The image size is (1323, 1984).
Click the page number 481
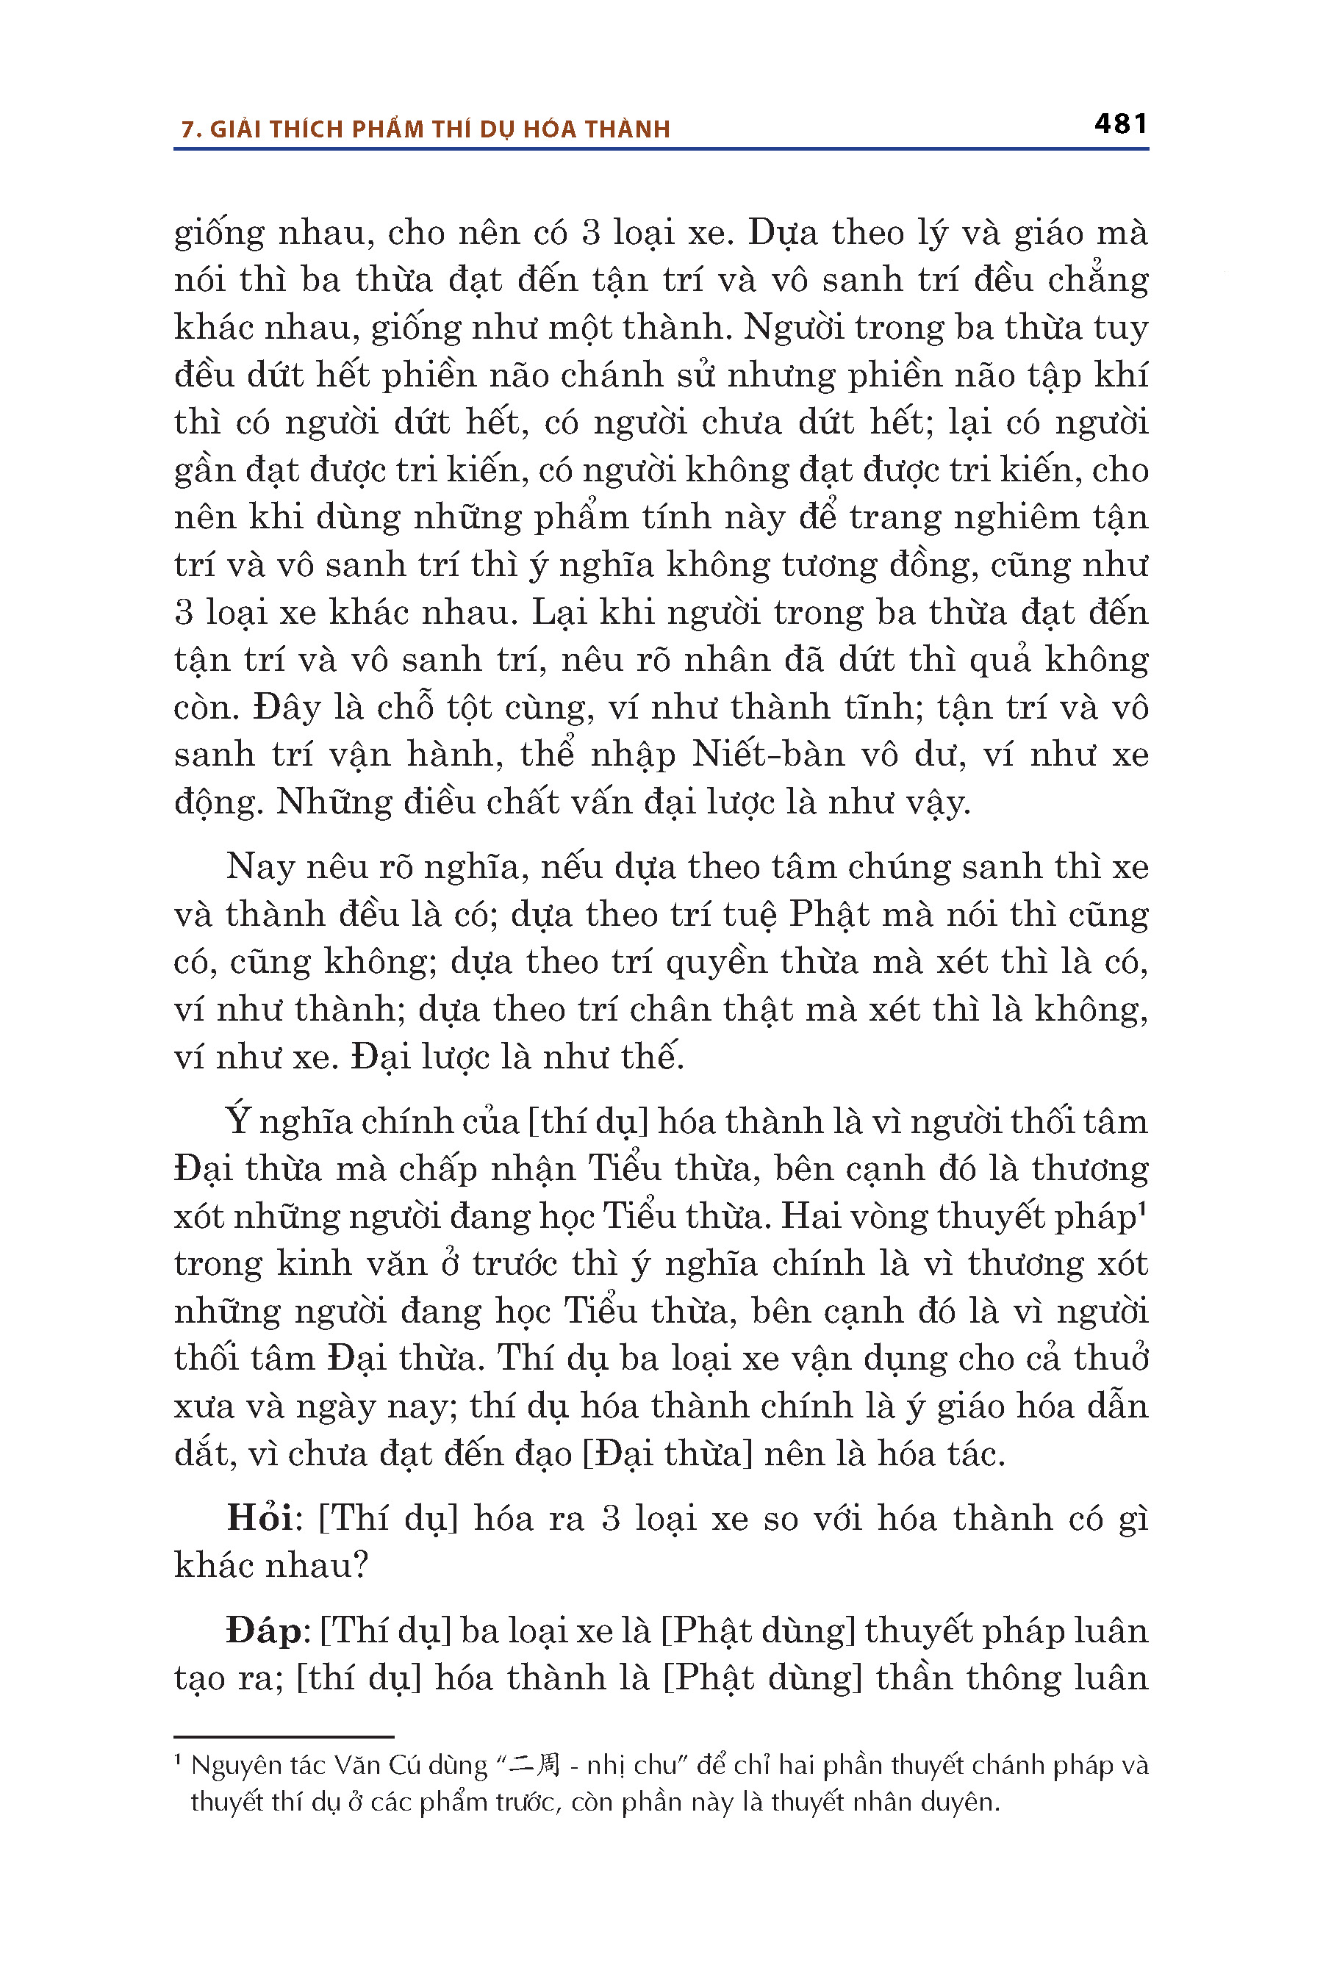tap(1119, 124)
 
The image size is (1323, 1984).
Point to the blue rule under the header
tap(661, 149)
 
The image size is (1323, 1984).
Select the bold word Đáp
tap(262, 1631)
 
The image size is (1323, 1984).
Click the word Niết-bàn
tap(768, 754)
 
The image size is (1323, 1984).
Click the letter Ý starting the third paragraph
tap(239, 1121)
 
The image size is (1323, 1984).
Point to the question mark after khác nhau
tap(360, 1566)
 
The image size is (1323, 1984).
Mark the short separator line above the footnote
tap(284, 1737)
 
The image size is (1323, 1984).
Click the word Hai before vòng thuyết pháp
tap(811, 1216)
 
